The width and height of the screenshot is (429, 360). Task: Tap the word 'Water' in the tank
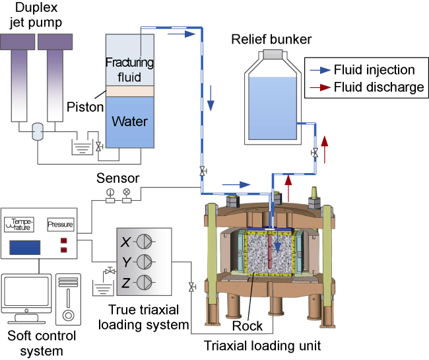129,122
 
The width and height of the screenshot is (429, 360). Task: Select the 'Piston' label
85,106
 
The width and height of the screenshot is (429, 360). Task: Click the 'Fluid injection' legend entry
374,70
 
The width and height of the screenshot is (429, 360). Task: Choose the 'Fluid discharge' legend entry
378,87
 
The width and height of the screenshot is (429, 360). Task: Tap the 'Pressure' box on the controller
61,224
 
